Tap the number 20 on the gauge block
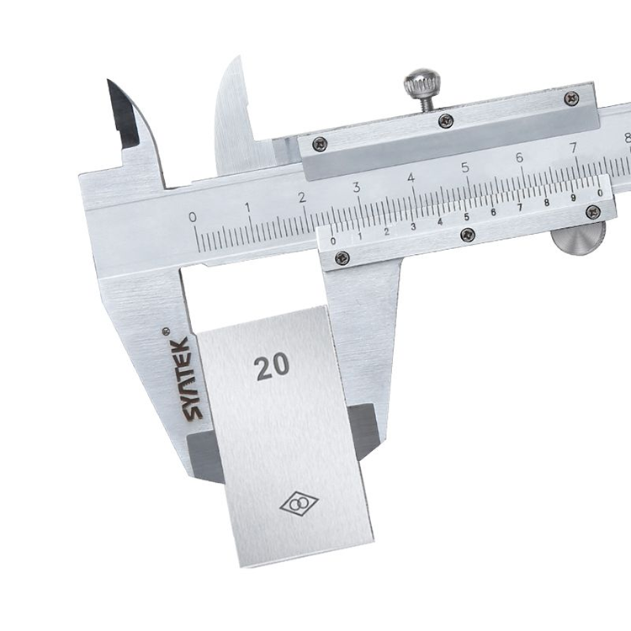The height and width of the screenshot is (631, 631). point(272,366)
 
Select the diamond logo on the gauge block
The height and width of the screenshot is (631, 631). point(299,503)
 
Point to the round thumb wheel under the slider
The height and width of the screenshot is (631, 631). point(578,238)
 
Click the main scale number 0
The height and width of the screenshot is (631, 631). point(193,217)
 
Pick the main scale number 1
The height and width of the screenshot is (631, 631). point(247,208)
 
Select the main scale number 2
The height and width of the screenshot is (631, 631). point(302,198)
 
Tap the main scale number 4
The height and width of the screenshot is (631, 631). point(411,178)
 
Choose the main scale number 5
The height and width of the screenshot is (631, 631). point(465,167)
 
